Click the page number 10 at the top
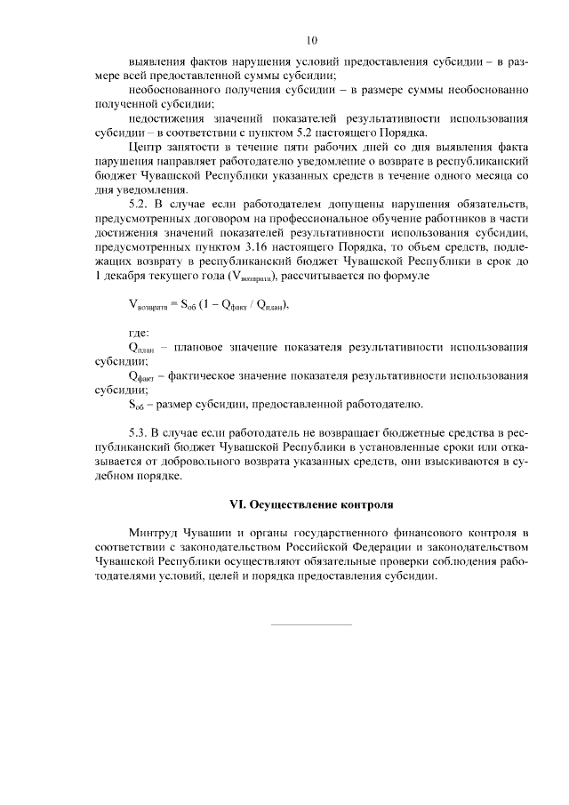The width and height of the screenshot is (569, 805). (x=311, y=40)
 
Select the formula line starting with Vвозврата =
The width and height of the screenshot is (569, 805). (x=210, y=304)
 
